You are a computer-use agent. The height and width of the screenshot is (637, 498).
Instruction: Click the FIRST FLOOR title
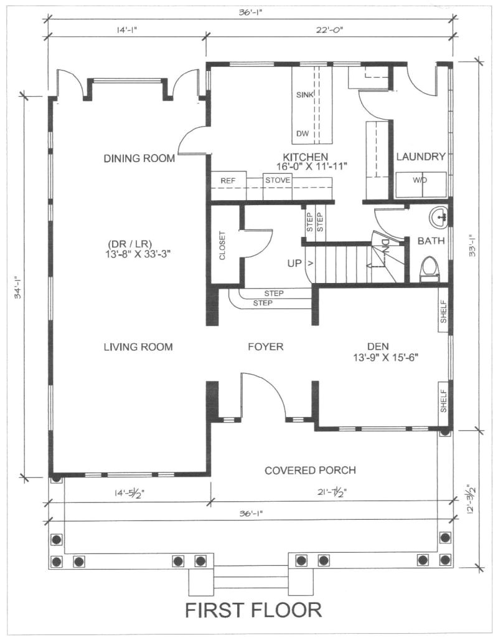pyautogui.click(x=253, y=610)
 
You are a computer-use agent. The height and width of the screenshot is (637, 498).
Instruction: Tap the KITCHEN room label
pyautogui.click(x=305, y=157)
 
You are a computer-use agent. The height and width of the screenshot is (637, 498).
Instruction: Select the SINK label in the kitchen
pyautogui.click(x=305, y=95)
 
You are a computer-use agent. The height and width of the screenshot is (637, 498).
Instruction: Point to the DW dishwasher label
pyautogui.click(x=303, y=133)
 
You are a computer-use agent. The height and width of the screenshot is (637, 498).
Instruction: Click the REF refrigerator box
pyautogui.click(x=228, y=186)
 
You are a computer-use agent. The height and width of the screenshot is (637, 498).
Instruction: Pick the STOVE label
pyautogui.click(x=278, y=180)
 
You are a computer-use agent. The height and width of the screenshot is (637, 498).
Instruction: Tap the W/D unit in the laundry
pyautogui.click(x=421, y=185)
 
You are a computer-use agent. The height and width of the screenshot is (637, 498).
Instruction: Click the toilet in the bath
pyautogui.click(x=430, y=269)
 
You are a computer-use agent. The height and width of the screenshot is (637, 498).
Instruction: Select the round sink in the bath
pyautogui.click(x=438, y=218)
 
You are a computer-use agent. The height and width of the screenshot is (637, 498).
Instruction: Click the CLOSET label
pyautogui.click(x=222, y=246)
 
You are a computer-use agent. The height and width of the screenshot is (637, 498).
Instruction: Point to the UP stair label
pyautogui.click(x=294, y=263)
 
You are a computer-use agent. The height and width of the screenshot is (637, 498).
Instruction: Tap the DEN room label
pyautogui.click(x=378, y=347)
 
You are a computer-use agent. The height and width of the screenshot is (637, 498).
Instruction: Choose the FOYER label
pyautogui.click(x=266, y=347)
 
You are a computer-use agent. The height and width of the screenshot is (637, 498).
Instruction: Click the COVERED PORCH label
pyautogui.click(x=310, y=471)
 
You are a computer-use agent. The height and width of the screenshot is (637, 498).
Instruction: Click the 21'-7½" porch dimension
pyautogui.click(x=332, y=493)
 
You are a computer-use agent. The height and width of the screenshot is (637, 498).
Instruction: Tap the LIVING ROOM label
pyautogui.click(x=138, y=347)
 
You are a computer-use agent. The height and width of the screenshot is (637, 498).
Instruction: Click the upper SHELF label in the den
pyautogui.click(x=444, y=312)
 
